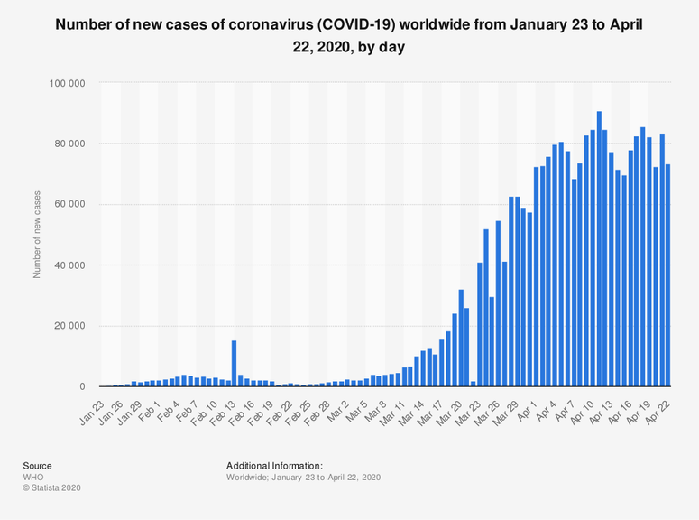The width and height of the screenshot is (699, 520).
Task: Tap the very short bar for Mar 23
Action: coord(474,384)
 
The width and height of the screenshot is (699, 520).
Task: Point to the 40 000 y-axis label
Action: coord(68,265)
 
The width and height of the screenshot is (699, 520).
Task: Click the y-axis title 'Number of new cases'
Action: coord(38,234)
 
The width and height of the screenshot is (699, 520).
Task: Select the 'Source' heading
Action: coord(37,466)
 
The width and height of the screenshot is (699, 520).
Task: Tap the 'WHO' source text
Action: coord(34,477)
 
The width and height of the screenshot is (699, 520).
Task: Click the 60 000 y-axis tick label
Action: coord(68,204)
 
